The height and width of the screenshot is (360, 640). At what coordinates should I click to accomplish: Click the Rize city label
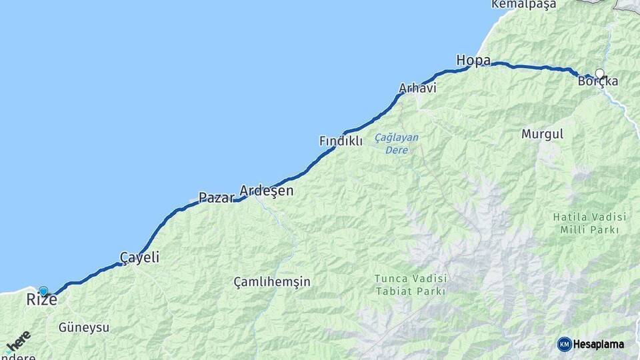click(41, 301)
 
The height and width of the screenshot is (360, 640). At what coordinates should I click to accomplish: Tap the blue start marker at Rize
click(43, 291)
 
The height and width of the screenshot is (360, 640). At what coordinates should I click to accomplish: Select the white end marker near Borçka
click(599, 73)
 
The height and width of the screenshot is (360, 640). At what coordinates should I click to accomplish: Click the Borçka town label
click(598, 82)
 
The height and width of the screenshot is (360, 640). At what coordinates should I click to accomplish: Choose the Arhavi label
click(417, 88)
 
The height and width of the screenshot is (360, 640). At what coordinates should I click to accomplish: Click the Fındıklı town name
click(341, 141)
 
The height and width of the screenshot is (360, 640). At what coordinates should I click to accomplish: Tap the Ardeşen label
click(266, 191)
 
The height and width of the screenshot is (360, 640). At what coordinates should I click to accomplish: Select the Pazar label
click(216, 198)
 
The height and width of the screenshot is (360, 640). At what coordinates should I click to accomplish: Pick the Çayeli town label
click(139, 257)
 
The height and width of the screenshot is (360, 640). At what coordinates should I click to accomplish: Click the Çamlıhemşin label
click(272, 282)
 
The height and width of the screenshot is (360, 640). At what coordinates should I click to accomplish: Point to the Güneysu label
click(84, 328)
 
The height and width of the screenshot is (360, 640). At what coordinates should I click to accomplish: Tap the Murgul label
click(542, 134)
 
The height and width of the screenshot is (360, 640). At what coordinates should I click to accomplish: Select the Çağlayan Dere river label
click(397, 143)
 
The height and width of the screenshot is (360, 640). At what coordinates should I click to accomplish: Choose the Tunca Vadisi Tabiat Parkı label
click(411, 285)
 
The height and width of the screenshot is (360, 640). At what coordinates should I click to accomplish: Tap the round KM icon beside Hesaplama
click(564, 345)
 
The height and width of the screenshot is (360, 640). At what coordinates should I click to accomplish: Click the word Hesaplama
click(599, 345)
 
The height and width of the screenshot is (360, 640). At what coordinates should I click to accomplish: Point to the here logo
click(18, 342)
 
